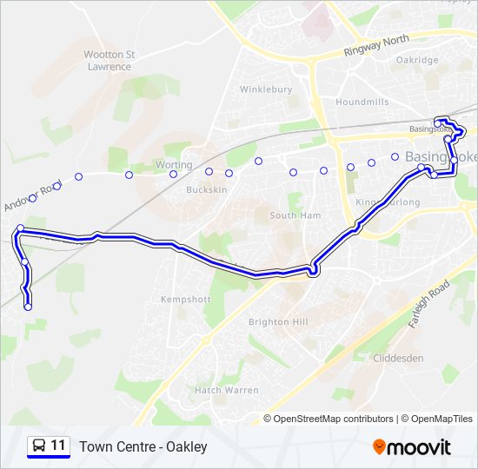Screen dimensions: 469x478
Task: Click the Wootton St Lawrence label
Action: pos(109,60)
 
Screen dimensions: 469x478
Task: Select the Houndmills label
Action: pos(356,102)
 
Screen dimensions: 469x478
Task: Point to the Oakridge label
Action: pos(417,60)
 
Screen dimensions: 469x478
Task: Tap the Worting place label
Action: pos(173,164)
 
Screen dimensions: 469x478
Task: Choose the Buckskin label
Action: pos(206,189)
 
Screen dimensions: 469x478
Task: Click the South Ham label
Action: pos(295,215)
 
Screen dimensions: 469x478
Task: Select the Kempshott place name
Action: pos(186,299)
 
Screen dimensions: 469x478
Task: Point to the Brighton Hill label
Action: pos(278,321)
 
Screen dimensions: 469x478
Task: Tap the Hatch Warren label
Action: pos(226,390)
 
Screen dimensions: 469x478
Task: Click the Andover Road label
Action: pos(34,196)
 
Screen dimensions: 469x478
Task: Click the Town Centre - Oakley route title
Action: pos(143,446)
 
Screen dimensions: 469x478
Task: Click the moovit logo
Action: pos(412,447)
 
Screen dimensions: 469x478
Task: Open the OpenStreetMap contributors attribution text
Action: pos(334,419)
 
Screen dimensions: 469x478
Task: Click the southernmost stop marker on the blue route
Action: pos(28,307)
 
